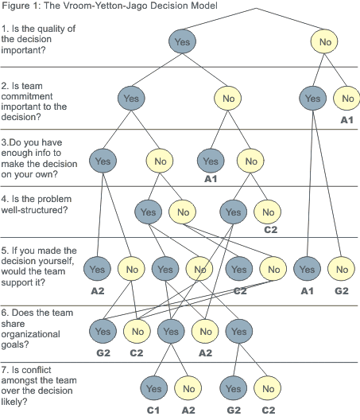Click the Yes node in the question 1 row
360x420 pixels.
[x=182, y=40]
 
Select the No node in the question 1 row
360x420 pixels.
[x=325, y=40]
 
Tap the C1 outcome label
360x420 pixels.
[x=153, y=410]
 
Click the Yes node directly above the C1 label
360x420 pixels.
[x=153, y=389]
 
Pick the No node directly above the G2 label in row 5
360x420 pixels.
[x=343, y=270]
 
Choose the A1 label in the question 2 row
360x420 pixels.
[x=346, y=119]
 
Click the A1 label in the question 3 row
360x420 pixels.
[x=211, y=180]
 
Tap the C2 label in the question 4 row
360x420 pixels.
[x=269, y=231]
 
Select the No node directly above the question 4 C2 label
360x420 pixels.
[x=268, y=212]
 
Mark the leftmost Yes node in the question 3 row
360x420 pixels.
[x=103, y=161]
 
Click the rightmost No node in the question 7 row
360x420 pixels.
[x=268, y=389]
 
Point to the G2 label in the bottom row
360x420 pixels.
[x=233, y=410]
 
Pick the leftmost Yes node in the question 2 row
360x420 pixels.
[x=131, y=99]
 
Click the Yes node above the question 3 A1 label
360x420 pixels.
[x=211, y=161]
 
